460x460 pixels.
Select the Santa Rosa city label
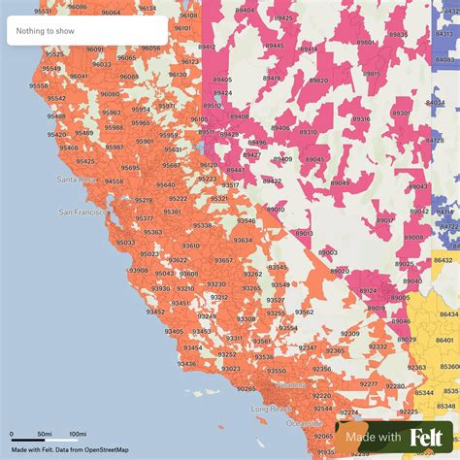click(78, 180)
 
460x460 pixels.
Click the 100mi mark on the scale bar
click(78, 434)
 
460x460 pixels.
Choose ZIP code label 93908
click(138, 270)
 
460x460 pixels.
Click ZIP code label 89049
click(340, 181)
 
